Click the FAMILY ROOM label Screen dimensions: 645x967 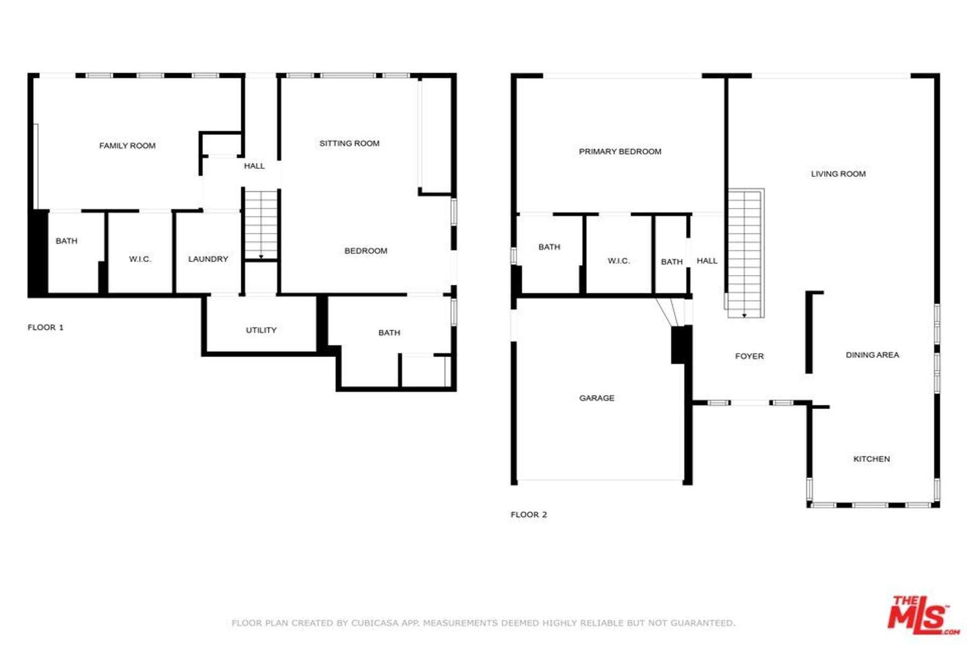click(x=127, y=146)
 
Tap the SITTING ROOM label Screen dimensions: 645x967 click(x=349, y=144)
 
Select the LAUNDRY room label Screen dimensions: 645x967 click(x=208, y=259)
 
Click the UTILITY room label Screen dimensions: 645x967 click(x=261, y=330)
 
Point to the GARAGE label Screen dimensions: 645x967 click(x=596, y=398)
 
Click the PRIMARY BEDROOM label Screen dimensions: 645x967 click(x=620, y=152)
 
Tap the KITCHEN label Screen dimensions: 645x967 click(x=871, y=459)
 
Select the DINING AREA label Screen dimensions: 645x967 click(x=872, y=355)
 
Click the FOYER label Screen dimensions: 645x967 click(x=749, y=356)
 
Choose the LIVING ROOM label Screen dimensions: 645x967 click(x=838, y=174)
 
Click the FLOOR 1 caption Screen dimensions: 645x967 click(x=46, y=327)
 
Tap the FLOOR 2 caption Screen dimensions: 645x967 click(x=529, y=515)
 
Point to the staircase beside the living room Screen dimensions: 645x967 click(x=745, y=253)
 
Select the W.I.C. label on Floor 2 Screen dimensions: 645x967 click(x=618, y=261)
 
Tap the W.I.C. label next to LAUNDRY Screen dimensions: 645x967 click(x=140, y=259)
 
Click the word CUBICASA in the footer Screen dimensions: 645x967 click(x=374, y=623)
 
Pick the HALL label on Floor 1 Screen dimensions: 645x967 click(x=254, y=166)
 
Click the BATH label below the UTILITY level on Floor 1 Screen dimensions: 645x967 click(x=389, y=333)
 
